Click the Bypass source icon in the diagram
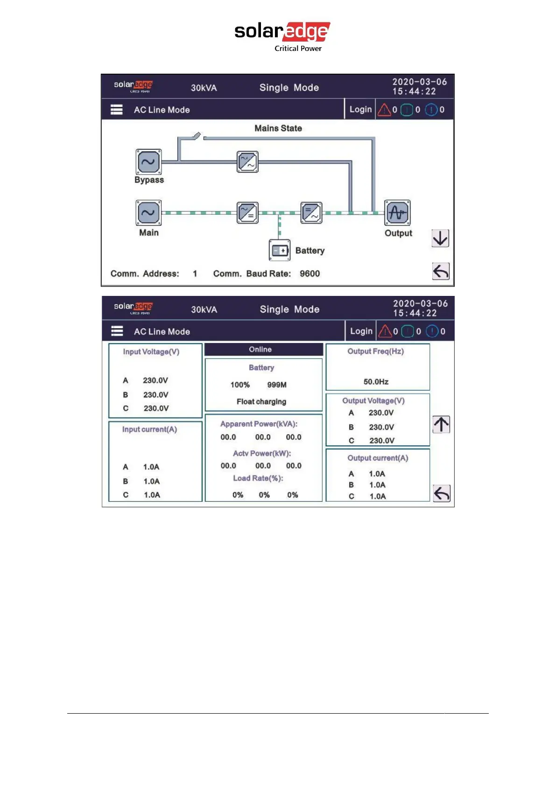coord(148,162)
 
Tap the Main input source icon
coord(148,213)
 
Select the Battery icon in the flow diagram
coord(280,250)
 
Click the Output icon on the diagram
coord(397,213)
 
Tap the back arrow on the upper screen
coord(440,271)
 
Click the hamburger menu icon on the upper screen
coord(117,110)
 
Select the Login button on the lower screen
coord(361,331)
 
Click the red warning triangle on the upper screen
coord(384,110)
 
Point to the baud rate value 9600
coord(310,274)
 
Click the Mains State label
coord(278,128)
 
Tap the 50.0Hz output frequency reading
coord(376,382)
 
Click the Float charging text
coord(261,402)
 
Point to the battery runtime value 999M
coord(277,385)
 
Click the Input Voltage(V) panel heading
coord(151,352)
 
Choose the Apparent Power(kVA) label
coord(259,424)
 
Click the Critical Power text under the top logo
coord(298,49)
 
